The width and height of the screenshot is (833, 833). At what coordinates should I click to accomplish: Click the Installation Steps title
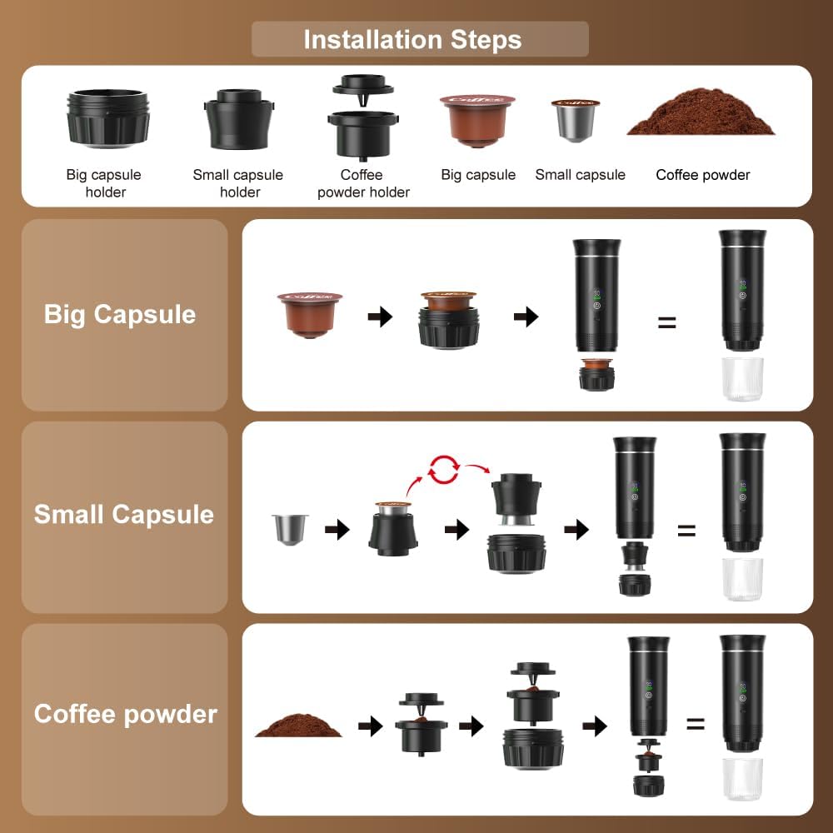(412, 39)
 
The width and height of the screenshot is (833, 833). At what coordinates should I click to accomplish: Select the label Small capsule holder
(238, 183)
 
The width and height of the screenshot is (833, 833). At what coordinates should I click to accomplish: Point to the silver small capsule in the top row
(575, 120)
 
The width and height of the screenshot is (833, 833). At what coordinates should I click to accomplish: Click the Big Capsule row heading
(120, 314)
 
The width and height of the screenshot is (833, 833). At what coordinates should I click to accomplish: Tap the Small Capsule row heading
(124, 514)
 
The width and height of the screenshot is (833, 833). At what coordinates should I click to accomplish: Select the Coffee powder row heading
(126, 714)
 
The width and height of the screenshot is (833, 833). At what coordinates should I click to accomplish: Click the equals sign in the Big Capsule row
(666, 322)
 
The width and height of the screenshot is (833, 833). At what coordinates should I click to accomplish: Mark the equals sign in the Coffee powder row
(696, 724)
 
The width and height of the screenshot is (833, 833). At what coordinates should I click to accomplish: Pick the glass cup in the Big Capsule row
(742, 379)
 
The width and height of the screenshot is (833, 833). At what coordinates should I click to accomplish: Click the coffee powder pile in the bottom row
(298, 724)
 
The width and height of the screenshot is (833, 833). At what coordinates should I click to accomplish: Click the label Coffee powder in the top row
(703, 175)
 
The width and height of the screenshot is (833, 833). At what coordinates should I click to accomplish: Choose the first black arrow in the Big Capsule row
(380, 317)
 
